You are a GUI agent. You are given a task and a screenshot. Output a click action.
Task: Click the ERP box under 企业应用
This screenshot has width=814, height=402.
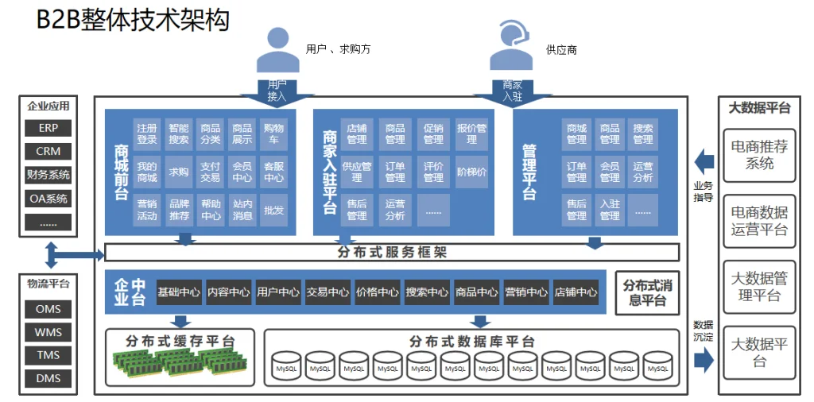48,128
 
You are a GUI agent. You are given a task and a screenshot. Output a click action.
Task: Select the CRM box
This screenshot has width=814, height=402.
48,151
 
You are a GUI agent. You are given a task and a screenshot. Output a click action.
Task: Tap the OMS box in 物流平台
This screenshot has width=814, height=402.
48,309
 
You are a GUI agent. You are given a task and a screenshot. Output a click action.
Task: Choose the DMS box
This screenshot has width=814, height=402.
48,379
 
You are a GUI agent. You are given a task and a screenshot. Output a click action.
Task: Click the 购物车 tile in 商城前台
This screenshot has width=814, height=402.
273,133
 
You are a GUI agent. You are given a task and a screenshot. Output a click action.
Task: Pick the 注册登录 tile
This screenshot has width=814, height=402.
147,133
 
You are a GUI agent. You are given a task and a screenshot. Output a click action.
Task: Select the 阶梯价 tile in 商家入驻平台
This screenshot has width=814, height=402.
472,172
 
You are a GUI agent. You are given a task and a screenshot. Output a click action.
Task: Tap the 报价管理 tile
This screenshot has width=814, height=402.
472,133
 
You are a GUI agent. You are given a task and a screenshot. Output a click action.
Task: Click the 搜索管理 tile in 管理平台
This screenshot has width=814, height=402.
643,133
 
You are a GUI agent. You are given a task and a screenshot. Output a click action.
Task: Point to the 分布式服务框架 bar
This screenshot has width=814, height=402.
392,253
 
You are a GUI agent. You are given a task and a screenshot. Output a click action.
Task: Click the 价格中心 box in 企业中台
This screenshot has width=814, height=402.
378,292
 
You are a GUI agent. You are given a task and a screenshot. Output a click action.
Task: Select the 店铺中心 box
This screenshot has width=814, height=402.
576,292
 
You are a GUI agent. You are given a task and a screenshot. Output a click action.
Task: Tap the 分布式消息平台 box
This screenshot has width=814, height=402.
648,293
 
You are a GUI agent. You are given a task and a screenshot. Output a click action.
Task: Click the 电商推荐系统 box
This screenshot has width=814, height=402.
759,155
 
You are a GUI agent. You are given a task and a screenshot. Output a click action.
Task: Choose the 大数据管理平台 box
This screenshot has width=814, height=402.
759,287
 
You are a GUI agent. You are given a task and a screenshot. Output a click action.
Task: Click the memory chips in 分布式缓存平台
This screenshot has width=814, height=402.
180,364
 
